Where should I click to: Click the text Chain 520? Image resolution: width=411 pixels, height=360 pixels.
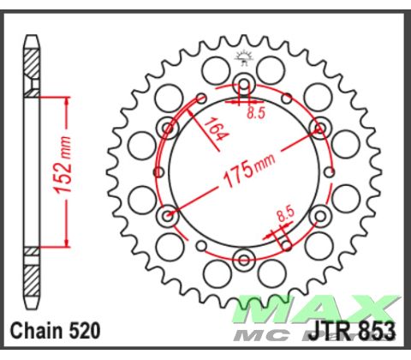click(x=56, y=330)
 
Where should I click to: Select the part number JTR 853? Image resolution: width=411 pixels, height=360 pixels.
click(x=355, y=330)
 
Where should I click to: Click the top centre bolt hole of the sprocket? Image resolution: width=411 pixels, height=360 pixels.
click(x=244, y=84)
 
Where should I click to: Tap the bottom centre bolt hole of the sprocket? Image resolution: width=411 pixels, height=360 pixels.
click(x=244, y=259)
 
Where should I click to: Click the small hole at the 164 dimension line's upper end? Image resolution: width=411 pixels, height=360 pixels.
click(x=201, y=97)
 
